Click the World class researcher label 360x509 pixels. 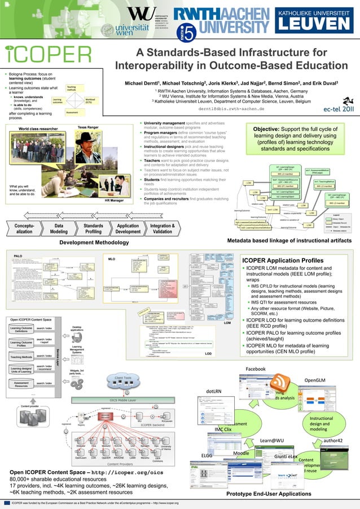pos(38,129)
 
